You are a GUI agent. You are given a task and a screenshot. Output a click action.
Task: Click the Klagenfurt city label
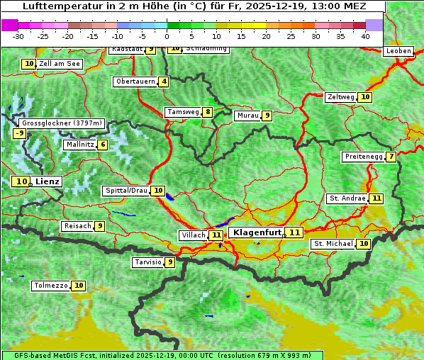257,232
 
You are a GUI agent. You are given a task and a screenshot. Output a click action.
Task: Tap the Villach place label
193,235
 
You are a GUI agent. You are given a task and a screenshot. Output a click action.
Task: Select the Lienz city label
48,181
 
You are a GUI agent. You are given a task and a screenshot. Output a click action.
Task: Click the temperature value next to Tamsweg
207,112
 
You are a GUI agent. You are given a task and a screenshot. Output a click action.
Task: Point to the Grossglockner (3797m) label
62,123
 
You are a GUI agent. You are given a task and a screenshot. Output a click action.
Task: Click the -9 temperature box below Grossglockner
20,133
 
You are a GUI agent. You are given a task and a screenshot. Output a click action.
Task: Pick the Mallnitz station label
79,145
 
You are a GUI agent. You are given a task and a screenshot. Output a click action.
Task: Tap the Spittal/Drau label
125,191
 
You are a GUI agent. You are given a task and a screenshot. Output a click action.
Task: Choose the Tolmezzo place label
50,286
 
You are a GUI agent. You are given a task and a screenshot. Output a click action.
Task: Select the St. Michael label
333,244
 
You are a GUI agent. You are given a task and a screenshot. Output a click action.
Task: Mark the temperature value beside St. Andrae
376,198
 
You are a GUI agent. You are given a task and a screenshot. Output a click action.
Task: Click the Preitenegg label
363,157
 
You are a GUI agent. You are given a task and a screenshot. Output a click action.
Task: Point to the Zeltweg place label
340,97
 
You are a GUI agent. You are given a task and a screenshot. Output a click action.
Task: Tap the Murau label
247,116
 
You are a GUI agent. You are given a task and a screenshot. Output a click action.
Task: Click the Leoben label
398,51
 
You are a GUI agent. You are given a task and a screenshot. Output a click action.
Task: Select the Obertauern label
135,81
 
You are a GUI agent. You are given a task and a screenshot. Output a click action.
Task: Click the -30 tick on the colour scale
18,36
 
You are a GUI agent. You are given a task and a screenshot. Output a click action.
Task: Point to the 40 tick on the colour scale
365,36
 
